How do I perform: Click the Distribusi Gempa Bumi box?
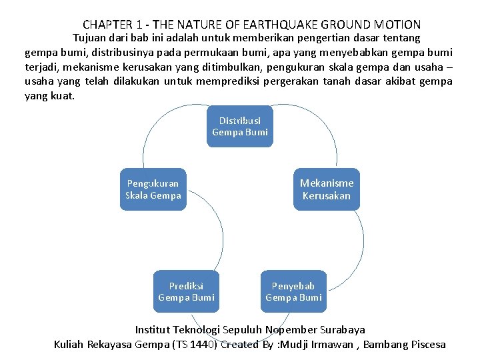click(240, 126)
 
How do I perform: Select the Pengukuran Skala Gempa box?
click(153, 189)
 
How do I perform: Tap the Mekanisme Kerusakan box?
click(327, 189)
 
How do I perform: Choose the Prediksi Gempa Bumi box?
click(187, 291)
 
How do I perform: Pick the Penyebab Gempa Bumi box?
click(293, 291)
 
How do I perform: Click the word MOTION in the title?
click(399, 25)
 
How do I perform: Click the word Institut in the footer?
click(153, 329)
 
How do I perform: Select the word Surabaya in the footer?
click(343, 329)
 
